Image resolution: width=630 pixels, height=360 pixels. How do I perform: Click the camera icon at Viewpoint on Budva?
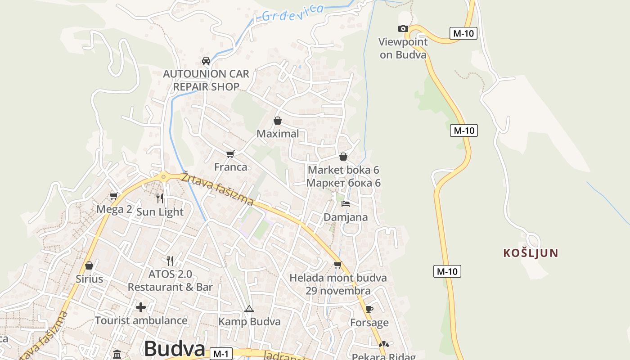(403, 29)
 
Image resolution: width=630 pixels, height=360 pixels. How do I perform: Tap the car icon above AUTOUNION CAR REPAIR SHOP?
(206, 61)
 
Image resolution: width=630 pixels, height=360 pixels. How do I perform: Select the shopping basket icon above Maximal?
(278, 121)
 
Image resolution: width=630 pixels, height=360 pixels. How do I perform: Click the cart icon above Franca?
(230, 154)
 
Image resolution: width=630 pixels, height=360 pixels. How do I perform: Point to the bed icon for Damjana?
(346, 204)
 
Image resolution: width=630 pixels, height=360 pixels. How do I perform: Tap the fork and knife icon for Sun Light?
(159, 198)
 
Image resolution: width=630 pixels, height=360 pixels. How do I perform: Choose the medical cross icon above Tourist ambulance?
(141, 307)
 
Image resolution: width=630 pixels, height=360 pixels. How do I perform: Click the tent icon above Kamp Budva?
(249, 309)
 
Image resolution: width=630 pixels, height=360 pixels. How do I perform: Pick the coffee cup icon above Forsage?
(369, 309)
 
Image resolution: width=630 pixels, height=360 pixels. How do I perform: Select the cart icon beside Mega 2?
(114, 196)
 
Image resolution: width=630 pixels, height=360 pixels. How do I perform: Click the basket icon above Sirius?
(89, 265)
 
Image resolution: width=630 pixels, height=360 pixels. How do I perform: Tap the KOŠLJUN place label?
(531, 253)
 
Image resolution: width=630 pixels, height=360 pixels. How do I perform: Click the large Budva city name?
(175, 348)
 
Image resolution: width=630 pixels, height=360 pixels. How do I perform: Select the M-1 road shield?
(220, 354)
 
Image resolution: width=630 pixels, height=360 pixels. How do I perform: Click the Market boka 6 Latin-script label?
(343, 170)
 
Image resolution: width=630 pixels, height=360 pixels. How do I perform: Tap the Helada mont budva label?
(338, 278)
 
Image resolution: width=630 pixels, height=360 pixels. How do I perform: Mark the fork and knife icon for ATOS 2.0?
(170, 261)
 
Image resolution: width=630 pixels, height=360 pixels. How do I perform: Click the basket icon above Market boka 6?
(343, 157)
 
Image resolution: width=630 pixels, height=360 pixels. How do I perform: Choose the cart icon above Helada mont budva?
(337, 265)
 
